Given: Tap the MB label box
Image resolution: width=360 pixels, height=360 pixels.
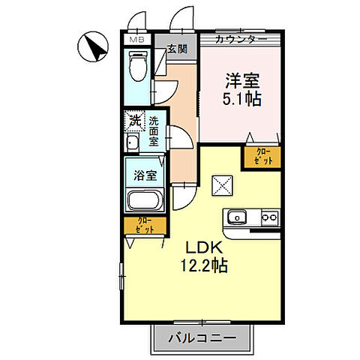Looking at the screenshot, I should [x=136, y=39].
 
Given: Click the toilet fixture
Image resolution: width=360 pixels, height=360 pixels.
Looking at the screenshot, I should [x=138, y=66].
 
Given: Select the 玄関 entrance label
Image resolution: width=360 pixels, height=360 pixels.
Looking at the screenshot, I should [x=176, y=50].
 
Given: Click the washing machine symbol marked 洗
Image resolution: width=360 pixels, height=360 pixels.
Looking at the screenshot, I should [x=134, y=120].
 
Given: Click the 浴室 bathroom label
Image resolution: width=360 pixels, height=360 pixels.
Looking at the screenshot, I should [x=145, y=177].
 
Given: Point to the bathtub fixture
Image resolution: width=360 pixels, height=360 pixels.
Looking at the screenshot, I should [x=145, y=201].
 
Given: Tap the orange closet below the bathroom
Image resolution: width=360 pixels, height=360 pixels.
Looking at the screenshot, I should [x=145, y=225].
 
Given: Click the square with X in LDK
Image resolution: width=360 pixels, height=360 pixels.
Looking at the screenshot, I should [x=223, y=184].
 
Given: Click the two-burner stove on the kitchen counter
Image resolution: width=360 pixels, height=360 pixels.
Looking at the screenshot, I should [x=268, y=218].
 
